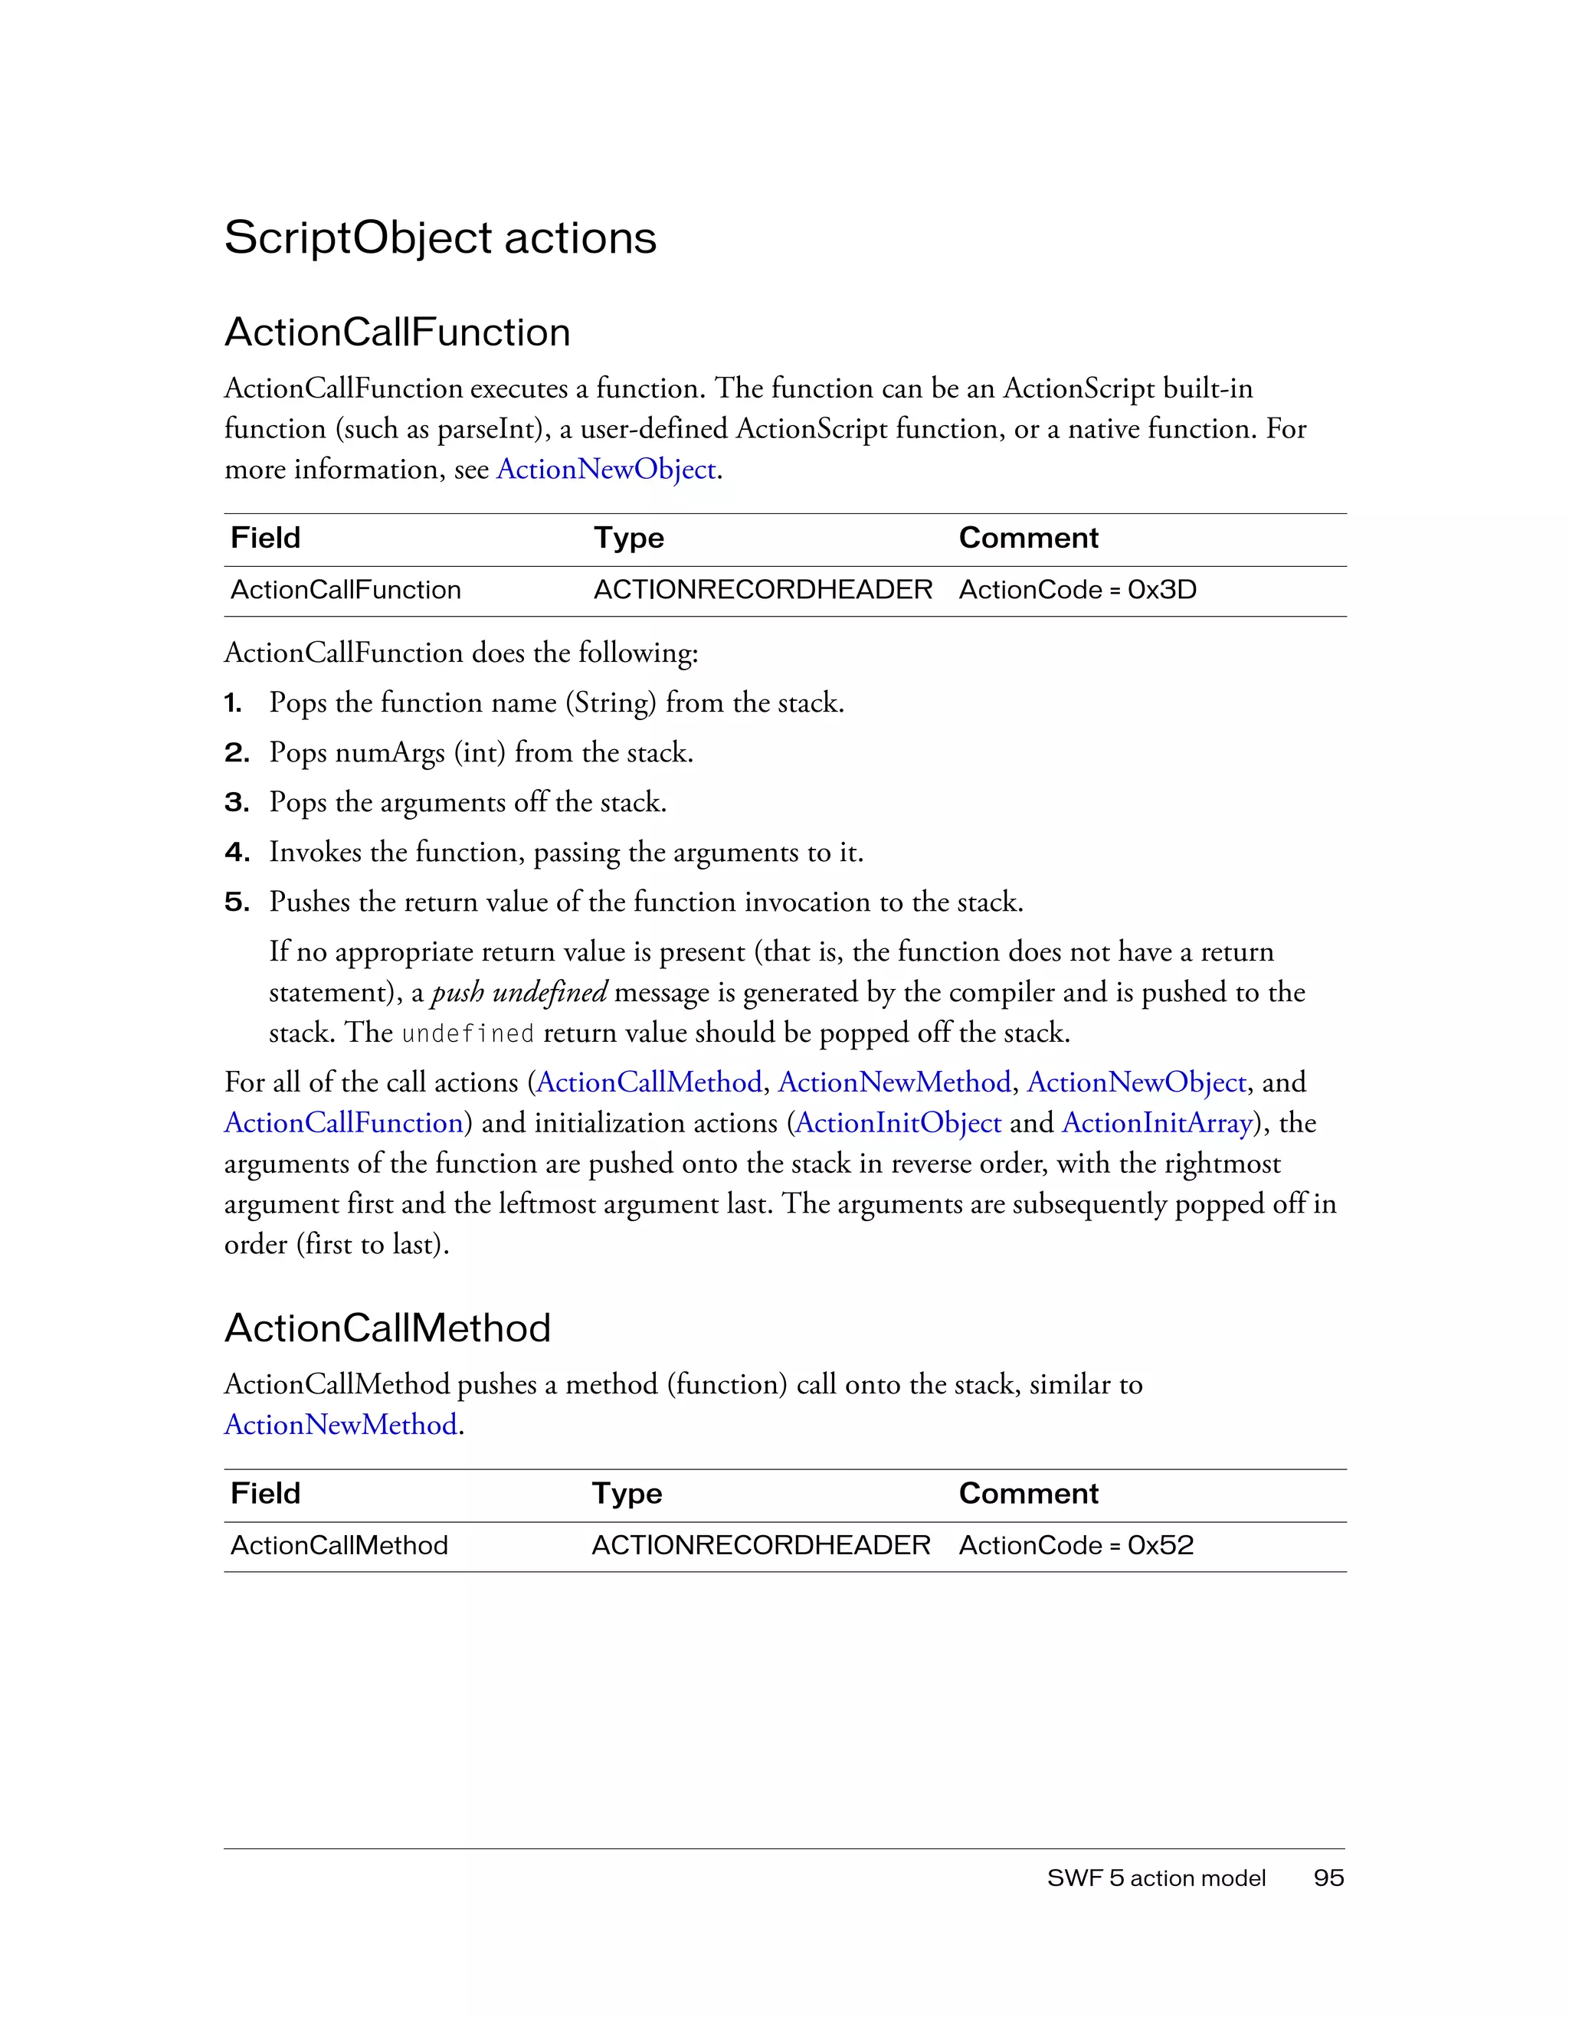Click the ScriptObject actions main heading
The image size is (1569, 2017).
[x=440, y=237]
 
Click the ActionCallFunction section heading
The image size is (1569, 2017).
[x=397, y=332]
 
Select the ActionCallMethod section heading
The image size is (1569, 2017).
[x=387, y=1328]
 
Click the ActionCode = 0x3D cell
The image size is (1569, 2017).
[x=1077, y=589]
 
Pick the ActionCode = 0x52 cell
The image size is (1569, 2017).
[x=1076, y=1545]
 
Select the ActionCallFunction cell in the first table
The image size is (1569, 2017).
[x=346, y=589]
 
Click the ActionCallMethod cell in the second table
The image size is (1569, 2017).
[x=339, y=1545]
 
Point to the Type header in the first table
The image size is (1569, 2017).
[x=629, y=538]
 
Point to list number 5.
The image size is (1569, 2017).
[x=237, y=902]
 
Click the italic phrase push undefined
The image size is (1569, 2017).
[x=519, y=992]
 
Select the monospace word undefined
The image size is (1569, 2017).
[x=467, y=1033]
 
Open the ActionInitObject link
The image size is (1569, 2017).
[x=898, y=1122]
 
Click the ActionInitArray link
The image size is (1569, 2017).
[x=1157, y=1122]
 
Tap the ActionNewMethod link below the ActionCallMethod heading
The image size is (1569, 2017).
[x=341, y=1424]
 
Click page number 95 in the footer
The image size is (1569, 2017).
[x=1328, y=1878]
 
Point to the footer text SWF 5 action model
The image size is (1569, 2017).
[x=1156, y=1878]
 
